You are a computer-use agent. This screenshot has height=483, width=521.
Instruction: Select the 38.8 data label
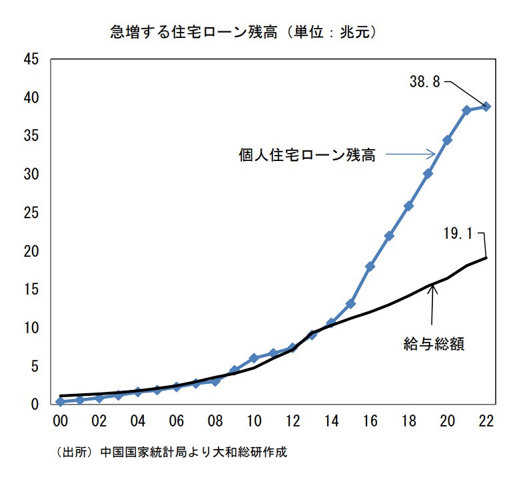click(425, 82)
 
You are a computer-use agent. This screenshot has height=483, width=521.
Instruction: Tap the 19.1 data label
click(458, 234)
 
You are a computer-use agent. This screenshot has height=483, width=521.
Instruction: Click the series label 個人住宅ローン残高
click(307, 156)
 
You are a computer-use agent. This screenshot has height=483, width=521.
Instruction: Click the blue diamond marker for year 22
click(486, 106)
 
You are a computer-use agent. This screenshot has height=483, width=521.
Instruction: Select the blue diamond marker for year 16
click(370, 266)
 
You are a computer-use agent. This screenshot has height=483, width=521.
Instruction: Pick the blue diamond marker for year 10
click(254, 358)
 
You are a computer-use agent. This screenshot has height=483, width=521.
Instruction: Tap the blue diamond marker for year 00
click(61, 402)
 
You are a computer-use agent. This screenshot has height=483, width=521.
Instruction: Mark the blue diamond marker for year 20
click(448, 140)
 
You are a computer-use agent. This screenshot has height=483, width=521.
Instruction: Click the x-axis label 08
click(215, 422)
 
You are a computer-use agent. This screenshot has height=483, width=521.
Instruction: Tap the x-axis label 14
click(331, 422)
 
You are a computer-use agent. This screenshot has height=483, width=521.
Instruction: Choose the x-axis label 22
click(486, 422)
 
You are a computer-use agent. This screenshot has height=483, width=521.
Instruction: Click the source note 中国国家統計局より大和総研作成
click(193, 452)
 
